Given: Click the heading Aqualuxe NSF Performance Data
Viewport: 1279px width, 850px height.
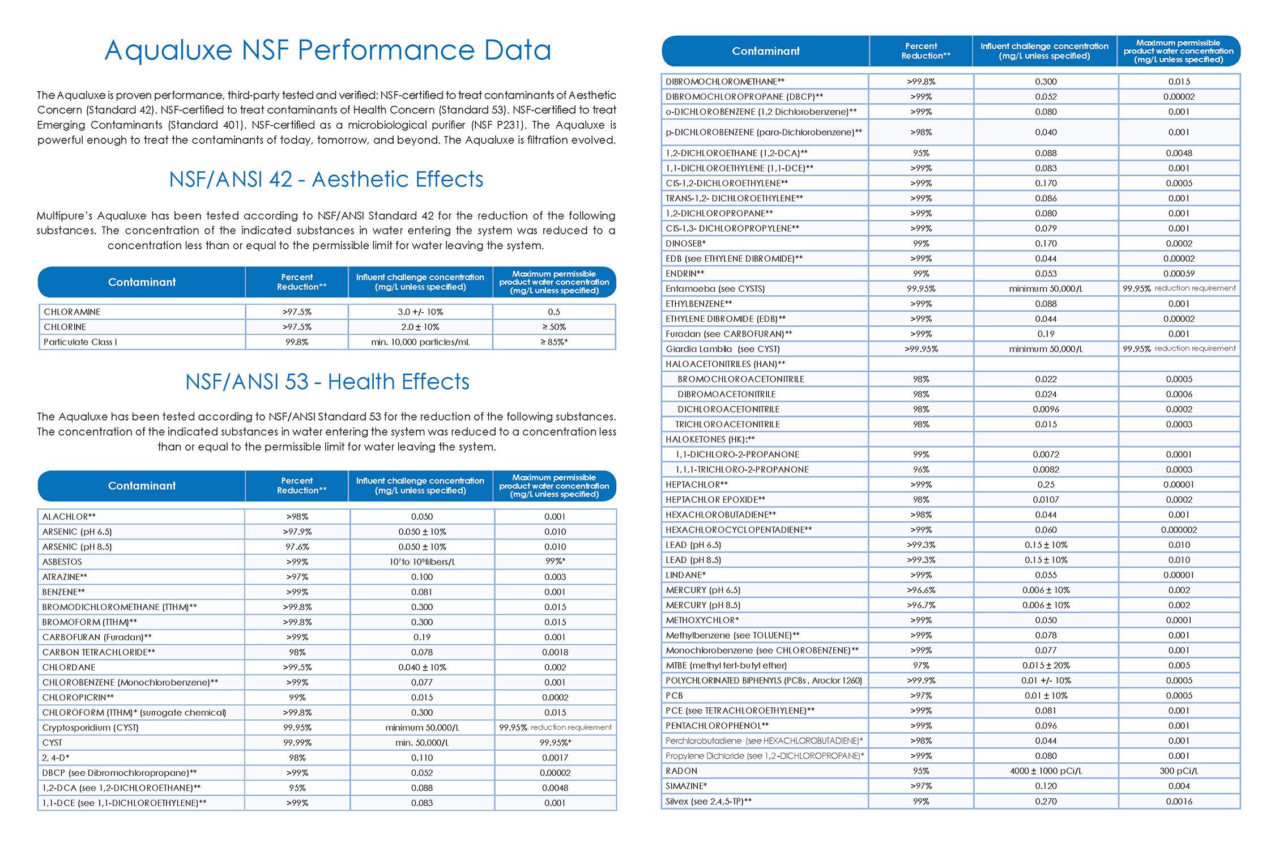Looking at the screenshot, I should [327, 50].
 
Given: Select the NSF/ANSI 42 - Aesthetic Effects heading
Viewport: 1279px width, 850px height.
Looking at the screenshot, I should [326, 180].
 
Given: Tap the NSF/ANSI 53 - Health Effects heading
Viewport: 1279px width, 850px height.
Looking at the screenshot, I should [327, 382].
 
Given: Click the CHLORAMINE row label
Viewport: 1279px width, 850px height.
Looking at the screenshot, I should [72, 312].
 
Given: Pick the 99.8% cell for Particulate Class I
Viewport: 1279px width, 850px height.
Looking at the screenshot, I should [297, 342].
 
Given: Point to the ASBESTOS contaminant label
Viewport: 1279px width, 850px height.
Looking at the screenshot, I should [62, 562].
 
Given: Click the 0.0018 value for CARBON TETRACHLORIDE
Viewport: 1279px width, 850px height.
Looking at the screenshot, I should [555, 653].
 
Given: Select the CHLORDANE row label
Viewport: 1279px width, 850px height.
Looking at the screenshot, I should [69, 668].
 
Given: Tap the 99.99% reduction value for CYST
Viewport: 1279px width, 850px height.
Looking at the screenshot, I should [297, 743].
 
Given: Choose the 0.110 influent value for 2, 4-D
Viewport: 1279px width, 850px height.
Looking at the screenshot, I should [422, 758].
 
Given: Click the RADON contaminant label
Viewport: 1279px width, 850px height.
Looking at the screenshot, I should [681, 771].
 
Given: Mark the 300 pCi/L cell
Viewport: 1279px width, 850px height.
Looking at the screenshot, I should [1179, 771].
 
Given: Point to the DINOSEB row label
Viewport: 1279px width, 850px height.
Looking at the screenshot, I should [685, 244].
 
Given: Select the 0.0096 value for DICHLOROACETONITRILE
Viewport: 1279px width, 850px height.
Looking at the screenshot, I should [1046, 409].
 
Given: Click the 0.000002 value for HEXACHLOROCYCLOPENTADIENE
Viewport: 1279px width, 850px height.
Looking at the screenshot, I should [1179, 530].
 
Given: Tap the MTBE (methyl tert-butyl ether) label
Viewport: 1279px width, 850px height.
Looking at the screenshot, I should [726, 666].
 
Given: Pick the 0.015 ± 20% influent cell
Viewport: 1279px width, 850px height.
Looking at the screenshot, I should [1046, 666].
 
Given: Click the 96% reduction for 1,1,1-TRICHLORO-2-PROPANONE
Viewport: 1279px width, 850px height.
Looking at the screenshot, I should [921, 470].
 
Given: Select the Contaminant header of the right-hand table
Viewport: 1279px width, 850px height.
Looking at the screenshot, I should [766, 51].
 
